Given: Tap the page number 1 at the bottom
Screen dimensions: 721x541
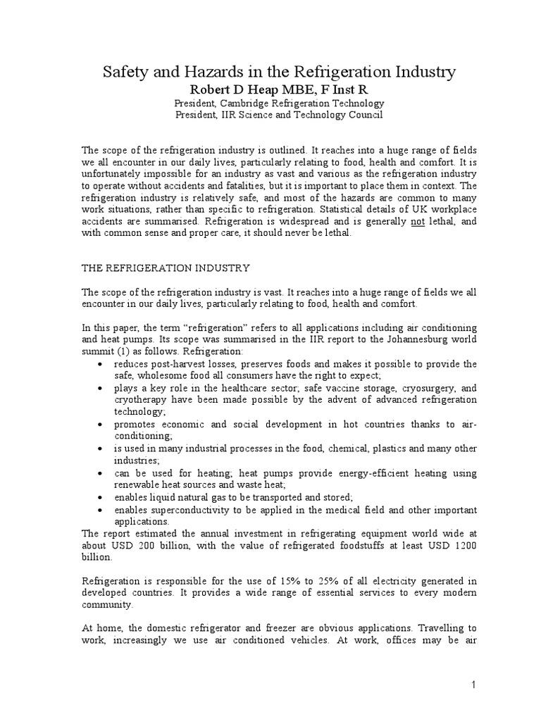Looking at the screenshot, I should pos(474,684).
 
